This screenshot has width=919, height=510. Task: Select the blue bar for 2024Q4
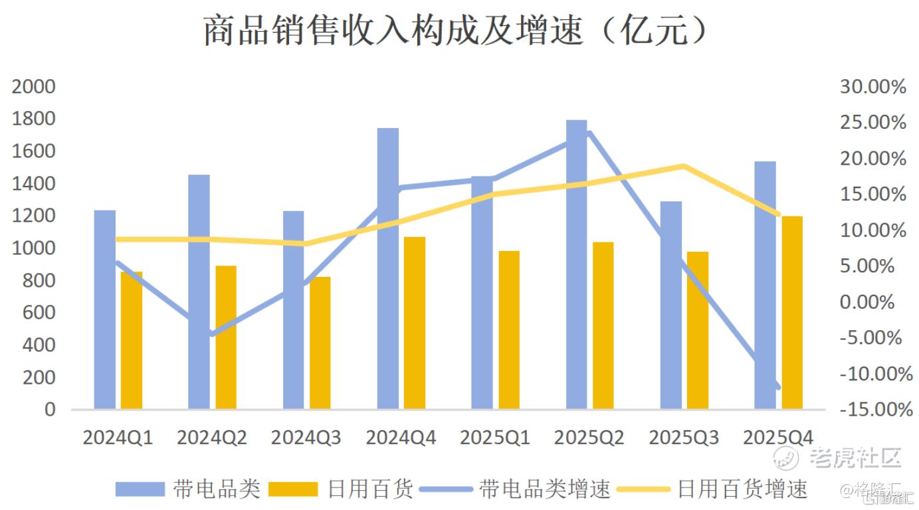pyautogui.click(x=387, y=268)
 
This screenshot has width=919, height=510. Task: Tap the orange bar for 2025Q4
pyautogui.click(x=791, y=312)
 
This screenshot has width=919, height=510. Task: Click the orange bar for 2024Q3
pyautogui.click(x=320, y=343)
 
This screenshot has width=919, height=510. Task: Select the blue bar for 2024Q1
pyautogui.click(x=104, y=309)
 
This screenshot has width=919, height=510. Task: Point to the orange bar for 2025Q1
pyautogui.click(x=508, y=330)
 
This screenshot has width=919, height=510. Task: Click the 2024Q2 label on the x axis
pyautogui.click(x=212, y=438)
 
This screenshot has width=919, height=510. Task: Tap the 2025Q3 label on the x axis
pyautogui.click(x=684, y=438)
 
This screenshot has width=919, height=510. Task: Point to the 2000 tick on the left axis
pyautogui.click(x=33, y=87)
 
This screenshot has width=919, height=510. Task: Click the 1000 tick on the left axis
pyautogui.click(x=33, y=248)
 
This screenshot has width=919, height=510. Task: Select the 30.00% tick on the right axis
pyautogui.click(x=872, y=87)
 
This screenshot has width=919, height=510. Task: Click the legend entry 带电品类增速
pyautogui.click(x=545, y=489)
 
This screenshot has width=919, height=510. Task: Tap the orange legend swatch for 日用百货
pyautogui.click(x=293, y=489)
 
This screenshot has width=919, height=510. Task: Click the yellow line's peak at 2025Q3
pyautogui.click(x=684, y=166)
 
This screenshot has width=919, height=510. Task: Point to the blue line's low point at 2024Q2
pyautogui.click(x=212, y=333)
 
